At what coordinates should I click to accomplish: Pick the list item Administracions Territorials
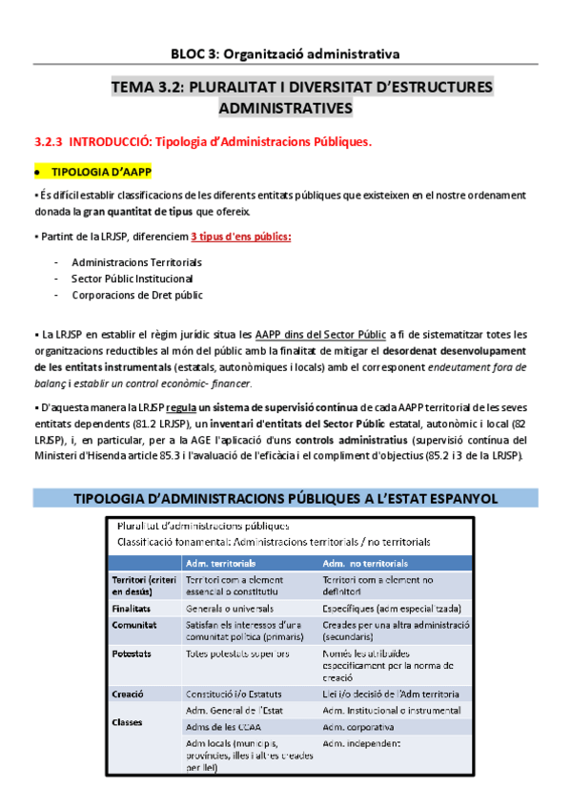[x=136, y=261]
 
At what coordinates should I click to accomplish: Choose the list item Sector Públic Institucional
[x=132, y=279]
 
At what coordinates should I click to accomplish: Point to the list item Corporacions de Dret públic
[x=136, y=295]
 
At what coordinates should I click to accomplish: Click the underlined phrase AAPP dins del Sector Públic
[x=320, y=334]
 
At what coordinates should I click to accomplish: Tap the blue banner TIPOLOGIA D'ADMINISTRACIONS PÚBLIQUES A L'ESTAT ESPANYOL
[x=285, y=498]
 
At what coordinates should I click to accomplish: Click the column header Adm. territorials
[x=221, y=562]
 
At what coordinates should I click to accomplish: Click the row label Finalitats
[x=132, y=607]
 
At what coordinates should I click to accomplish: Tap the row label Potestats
[x=132, y=653]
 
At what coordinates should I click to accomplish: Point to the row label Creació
[x=128, y=694]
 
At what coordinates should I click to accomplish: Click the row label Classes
[x=128, y=722]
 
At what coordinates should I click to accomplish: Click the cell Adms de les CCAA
[x=225, y=727]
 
